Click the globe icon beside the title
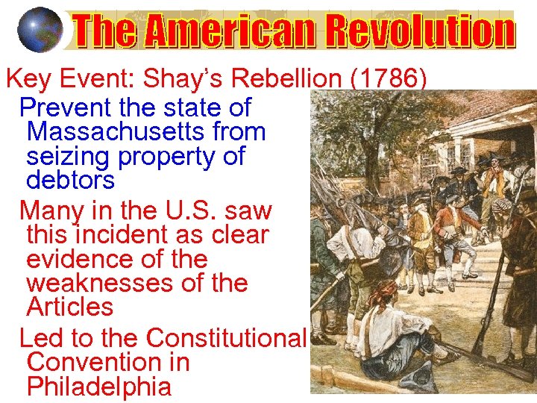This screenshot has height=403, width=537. point(39,29)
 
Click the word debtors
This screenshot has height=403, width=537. point(70,181)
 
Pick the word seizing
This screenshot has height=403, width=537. point(67,157)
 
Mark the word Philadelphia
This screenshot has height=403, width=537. point(98,387)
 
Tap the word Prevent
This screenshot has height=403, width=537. point(63,107)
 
